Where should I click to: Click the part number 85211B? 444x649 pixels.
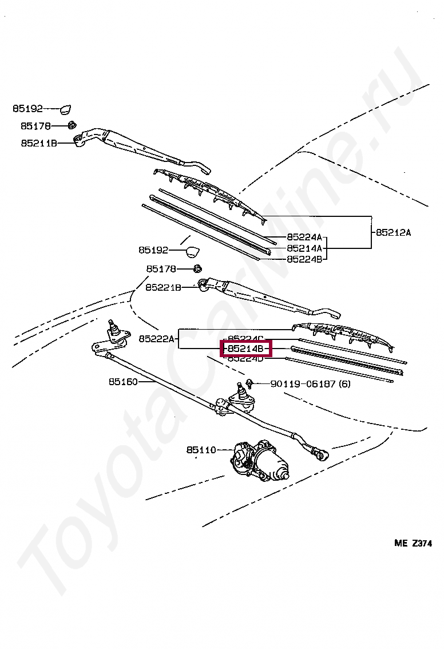(39, 143)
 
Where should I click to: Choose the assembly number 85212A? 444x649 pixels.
(394, 232)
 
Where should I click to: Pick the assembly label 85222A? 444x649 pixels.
(156, 339)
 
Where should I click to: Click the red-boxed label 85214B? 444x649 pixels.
(245, 348)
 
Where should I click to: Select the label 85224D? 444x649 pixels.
(245, 358)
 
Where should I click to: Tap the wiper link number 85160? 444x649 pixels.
(123, 381)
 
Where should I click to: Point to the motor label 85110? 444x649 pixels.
(201, 450)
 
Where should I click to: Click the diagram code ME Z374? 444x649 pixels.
(413, 544)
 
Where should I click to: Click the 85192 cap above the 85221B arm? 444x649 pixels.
(193, 251)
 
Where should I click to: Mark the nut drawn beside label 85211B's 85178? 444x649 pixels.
(72, 125)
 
